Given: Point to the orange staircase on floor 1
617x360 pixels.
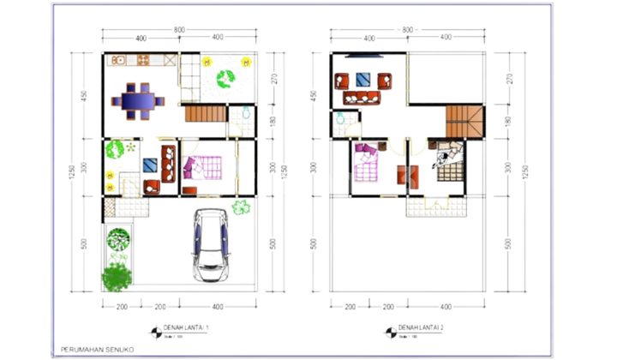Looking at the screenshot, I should click(203, 115).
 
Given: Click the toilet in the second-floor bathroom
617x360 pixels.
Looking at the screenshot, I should click(340, 120).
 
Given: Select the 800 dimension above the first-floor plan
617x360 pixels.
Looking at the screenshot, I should click(179, 30).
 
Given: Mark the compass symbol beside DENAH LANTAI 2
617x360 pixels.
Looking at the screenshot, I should click(391, 330).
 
